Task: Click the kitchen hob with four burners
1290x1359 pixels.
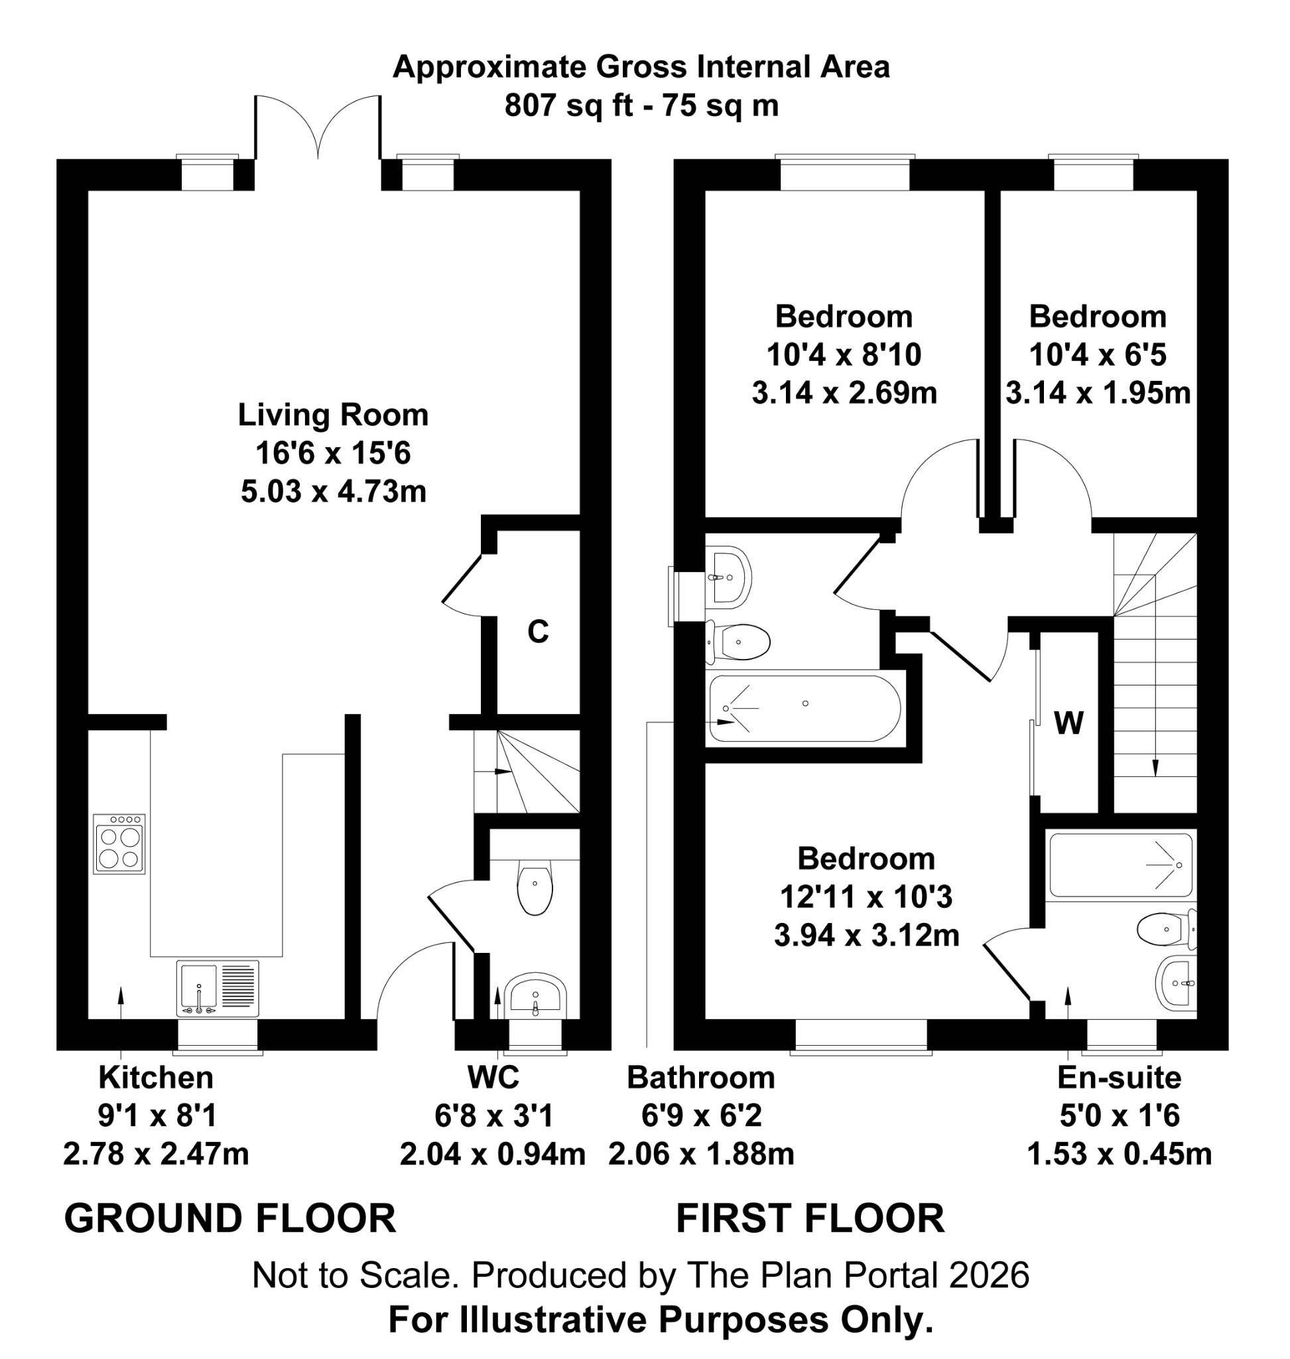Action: click(x=119, y=844)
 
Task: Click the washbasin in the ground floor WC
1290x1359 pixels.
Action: click(x=535, y=997)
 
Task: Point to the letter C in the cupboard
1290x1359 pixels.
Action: click(x=538, y=632)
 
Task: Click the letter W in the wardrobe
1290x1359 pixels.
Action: click(x=1068, y=723)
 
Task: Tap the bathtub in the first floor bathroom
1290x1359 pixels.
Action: click(x=804, y=709)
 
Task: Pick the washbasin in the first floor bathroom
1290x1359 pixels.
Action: click(x=729, y=577)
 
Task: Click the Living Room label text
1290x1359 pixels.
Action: click(x=333, y=415)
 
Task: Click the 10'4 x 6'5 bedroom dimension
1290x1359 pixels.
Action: click(x=1098, y=355)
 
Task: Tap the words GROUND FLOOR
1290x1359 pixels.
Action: click(x=229, y=1218)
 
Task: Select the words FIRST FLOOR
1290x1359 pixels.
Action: click(x=810, y=1218)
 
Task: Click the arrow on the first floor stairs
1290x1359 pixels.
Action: click(x=1155, y=768)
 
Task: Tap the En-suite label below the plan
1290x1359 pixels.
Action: click(x=1119, y=1078)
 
